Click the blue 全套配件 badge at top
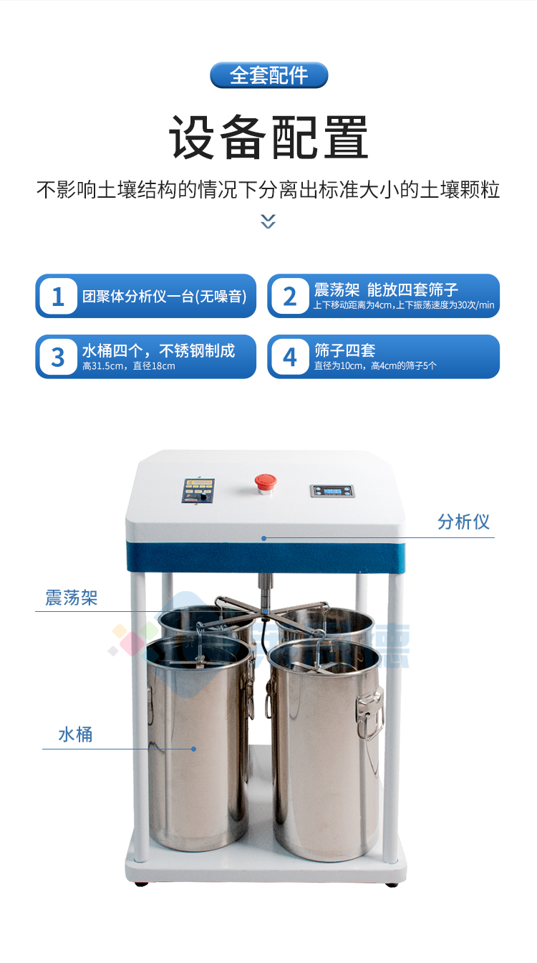click(268, 75)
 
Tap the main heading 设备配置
click(268, 138)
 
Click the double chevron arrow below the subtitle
click(268, 221)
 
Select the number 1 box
click(58, 296)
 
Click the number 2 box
click(290, 296)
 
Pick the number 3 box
click(58, 356)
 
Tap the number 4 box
click(290, 356)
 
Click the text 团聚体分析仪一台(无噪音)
click(164, 296)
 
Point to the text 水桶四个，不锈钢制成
click(158, 350)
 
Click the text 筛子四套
click(344, 350)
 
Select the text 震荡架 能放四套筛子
click(386, 289)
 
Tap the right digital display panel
click(332, 491)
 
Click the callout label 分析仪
click(463, 522)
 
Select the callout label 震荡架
click(71, 598)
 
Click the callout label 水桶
click(75, 734)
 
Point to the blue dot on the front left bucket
click(193, 749)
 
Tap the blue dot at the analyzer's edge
click(263, 537)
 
